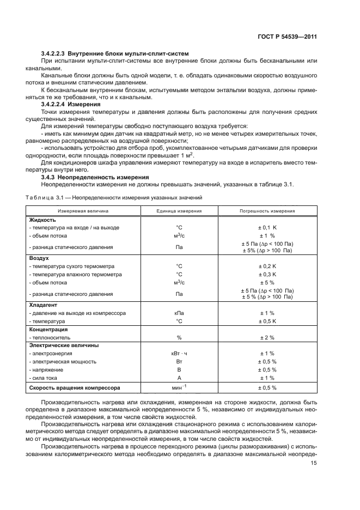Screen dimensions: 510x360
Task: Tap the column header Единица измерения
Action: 179,210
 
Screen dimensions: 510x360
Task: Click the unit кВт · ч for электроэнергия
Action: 179,354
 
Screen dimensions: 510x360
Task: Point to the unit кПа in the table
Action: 179,313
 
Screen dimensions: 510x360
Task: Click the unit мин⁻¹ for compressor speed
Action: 179,387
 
